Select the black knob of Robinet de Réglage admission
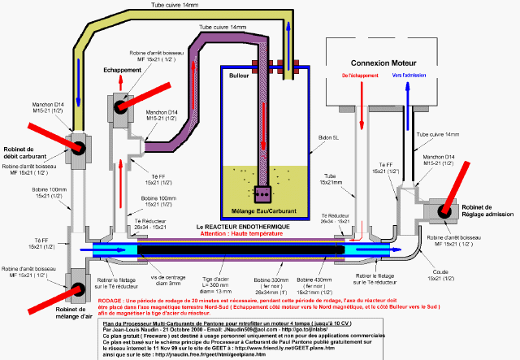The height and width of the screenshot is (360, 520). pyautogui.click(x=446, y=211)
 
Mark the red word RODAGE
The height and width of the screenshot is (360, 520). pyautogui.click(x=111, y=300)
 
